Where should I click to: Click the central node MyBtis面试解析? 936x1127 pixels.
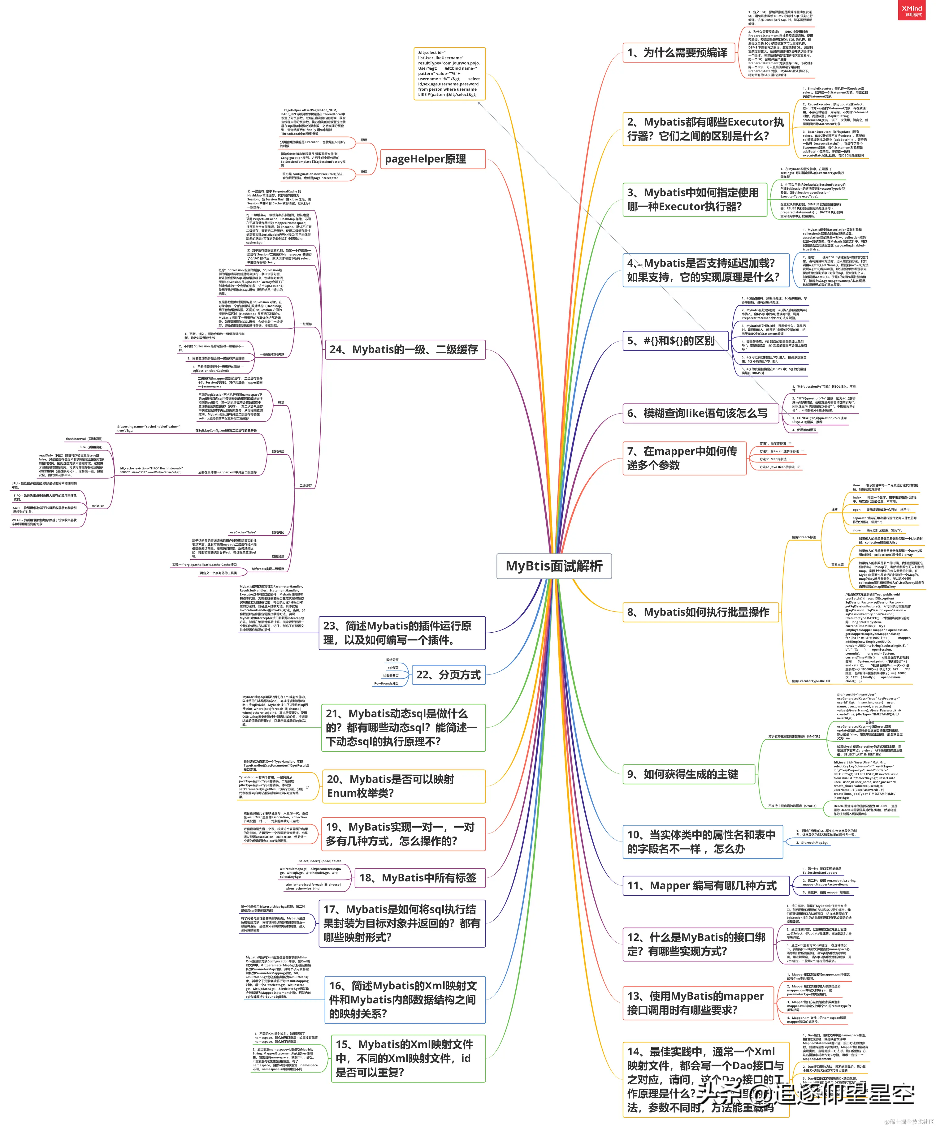click(x=554, y=566)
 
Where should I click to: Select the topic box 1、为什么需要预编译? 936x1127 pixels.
click(x=678, y=53)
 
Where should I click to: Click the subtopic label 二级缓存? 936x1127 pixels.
click(x=305, y=486)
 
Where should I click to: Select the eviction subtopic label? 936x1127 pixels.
click(x=98, y=505)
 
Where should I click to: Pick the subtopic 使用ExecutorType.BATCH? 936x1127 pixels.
click(x=811, y=681)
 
